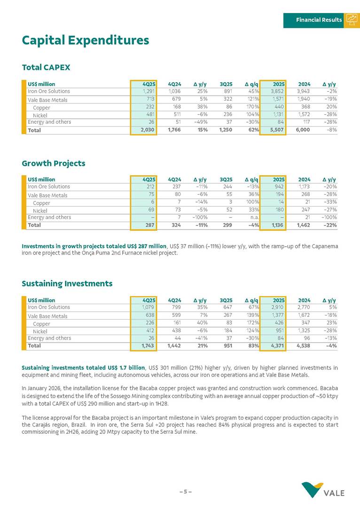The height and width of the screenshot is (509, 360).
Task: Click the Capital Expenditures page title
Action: [86, 40]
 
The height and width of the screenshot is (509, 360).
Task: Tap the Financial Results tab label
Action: [319, 20]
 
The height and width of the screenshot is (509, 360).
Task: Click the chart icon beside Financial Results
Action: [352, 19]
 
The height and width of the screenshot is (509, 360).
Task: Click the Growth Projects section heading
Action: [54, 164]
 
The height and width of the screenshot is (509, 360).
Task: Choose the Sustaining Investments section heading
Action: [67, 283]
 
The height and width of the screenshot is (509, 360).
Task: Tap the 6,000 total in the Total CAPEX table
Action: [302, 130]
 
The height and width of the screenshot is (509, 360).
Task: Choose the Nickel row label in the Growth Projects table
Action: [40, 211]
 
